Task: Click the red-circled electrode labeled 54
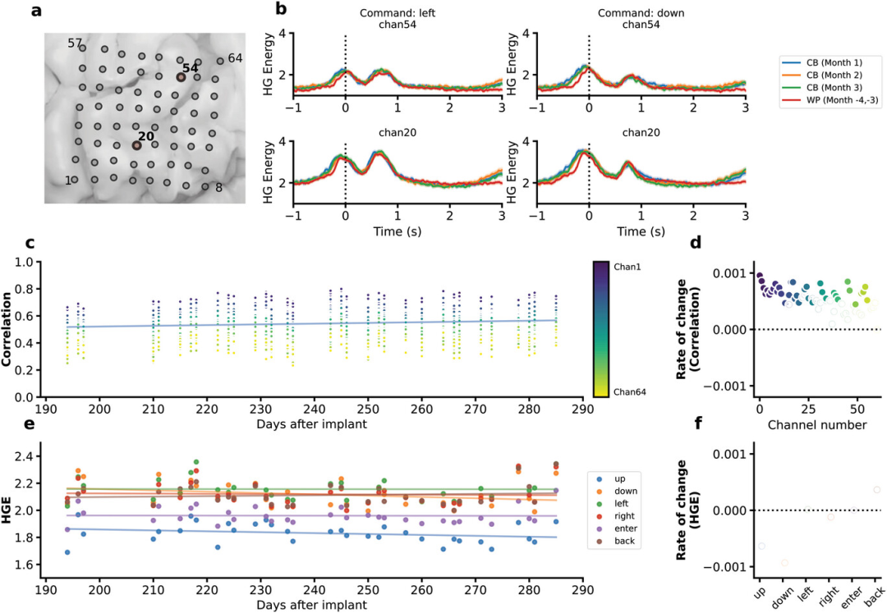[x=181, y=76]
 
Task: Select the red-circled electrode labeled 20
[x=137, y=145]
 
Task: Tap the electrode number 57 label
[x=76, y=42]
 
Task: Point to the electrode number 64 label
[x=235, y=57]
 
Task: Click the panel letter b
[x=281, y=11]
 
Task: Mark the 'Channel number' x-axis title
[x=810, y=425]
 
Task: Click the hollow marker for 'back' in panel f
[x=876, y=490]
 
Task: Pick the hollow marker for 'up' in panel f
[x=761, y=546]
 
